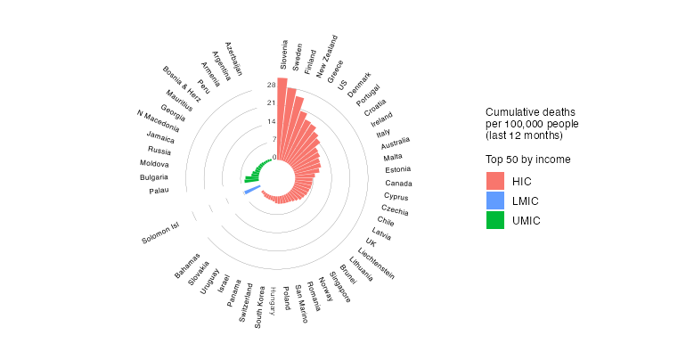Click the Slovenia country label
pyautogui.click(x=284, y=54)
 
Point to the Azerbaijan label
pyautogui.click(x=233, y=59)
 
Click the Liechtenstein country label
pyautogui.click(x=377, y=263)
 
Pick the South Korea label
pyautogui.click(x=258, y=307)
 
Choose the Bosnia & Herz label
pyautogui.click(x=183, y=84)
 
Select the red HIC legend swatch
pyautogui.click(x=495, y=181)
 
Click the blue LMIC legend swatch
pyautogui.click(x=495, y=200)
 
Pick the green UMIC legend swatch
pyautogui.click(x=495, y=220)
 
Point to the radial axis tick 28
pyautogui.click(x=271, y=86)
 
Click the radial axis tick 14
pyautogui.click(x=271, y=121)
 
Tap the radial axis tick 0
pyautogui.click(x=274, y=157)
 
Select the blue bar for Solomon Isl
pyautogui.click(x=252, y=191)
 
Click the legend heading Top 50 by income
pyautogui.click(x=528, y=159)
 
